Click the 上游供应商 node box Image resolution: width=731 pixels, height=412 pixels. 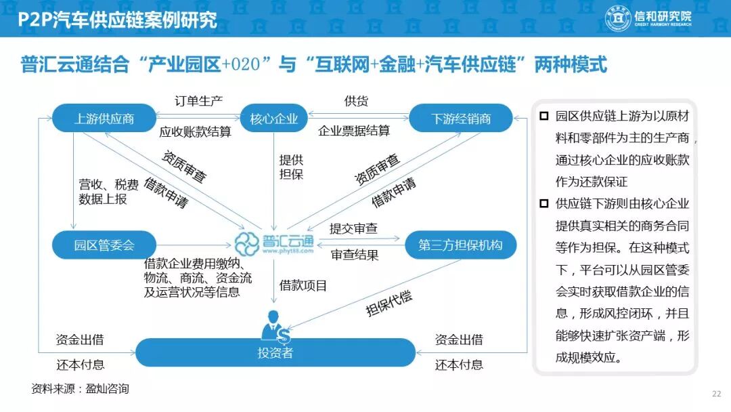pos(104,119)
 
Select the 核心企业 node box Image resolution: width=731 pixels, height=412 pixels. pos(274,119)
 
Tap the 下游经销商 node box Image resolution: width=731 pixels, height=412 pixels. pos(461,119)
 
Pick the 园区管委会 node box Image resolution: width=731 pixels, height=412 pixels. pos(104,245)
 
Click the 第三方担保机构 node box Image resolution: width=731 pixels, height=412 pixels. pos(460,245)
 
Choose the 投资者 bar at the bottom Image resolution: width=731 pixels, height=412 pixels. pos(275,352)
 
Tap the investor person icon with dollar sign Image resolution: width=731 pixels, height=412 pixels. pos(276,325)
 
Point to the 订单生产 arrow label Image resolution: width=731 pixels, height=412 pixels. pos(199,101)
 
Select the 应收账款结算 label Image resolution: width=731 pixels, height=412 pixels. pos(195,131)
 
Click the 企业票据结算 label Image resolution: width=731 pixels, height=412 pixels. pos(354,131)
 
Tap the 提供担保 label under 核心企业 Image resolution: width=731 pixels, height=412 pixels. pos(291,167)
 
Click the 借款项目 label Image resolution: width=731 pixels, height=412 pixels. pos(303,285)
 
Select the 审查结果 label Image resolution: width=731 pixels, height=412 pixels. pos(355,255)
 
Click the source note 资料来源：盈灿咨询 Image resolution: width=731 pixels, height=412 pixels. pos(80,389)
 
